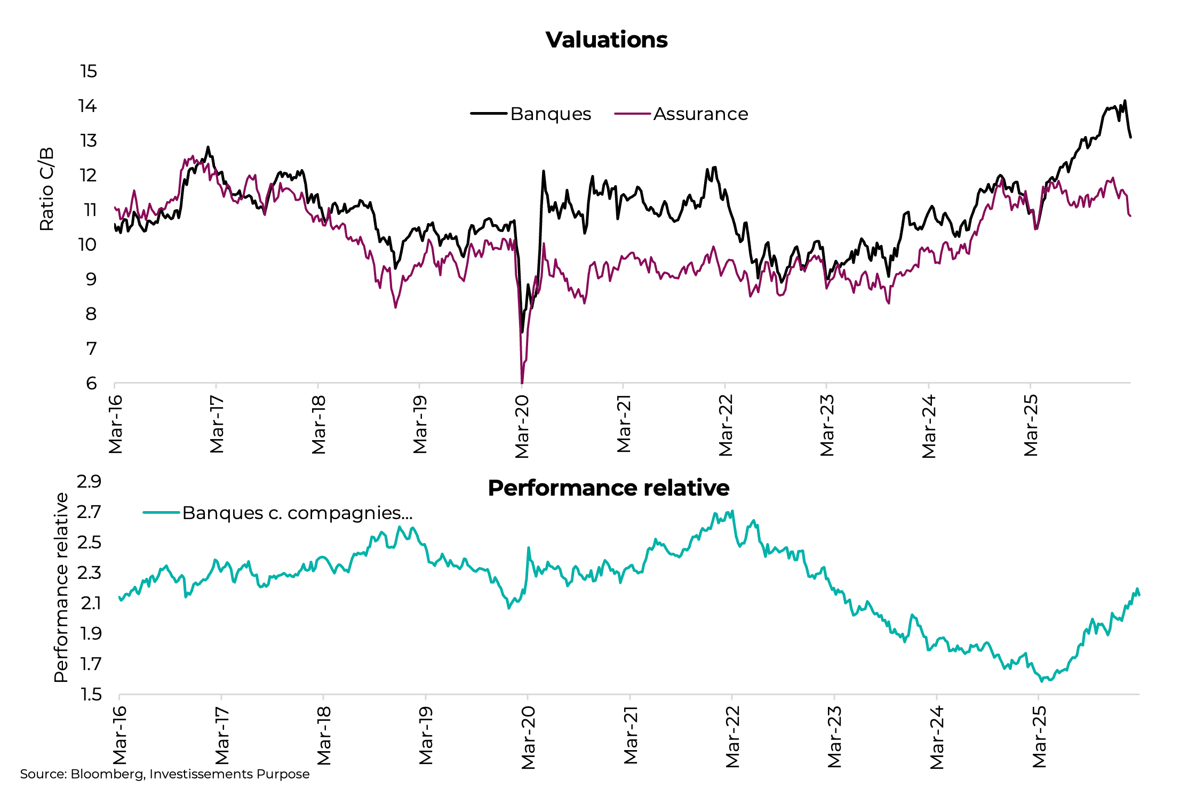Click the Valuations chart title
pyautogui.click(x=607, y=40)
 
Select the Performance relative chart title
pyautogui.click(x=608, y=488)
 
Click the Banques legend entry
pyautogui.click(x=550, y=114)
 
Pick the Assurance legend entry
pyautogui.click(x=700, y=114)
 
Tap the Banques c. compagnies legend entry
pyautogui.click(x=297, y=513)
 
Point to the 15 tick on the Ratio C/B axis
pyautogui.click(x=89, y=71)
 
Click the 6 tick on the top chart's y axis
pyautogui.click(x=91, y=383)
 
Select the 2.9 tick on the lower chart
pyautogui.click(x=89, y=481)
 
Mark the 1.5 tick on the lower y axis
pyautogui.click(x=90, y=694)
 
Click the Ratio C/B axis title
pyautogui.click(x=47, y=189)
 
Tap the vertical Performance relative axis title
pyautogui.click(x=61, y=587)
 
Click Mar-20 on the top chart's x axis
pyautogui.click(x=522, y=426)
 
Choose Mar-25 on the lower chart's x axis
pyautogui.click(x=1039, y=737)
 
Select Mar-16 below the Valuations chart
pyautogui.click(x=115, y=424)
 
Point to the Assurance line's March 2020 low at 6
pyautogui.click(x=522, y=382)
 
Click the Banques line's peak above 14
pyautogui.click(x=1125, y=101)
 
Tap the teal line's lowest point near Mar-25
pyautogui.click(x=1041, y=681)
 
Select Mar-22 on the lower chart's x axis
pyautogui.click(x=732, y=737)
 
